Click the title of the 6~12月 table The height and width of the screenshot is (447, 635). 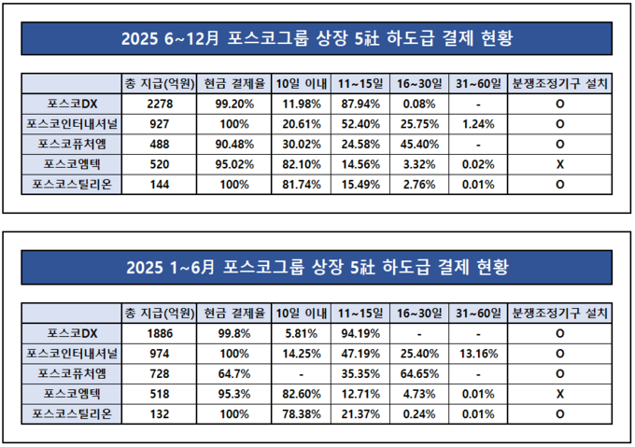pyautogui.click(x=317, y=39)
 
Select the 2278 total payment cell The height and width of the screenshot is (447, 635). pyautogui.click(x=160, y=103)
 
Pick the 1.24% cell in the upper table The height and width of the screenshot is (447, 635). pyautogui.click(x=477, y=123)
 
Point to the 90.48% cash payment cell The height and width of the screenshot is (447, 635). pyautogui.click(x=231, y=144)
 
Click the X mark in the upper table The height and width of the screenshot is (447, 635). pyautogui.click(x=559, y=164)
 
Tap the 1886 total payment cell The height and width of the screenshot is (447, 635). pyautogui.click(x=160, y=331)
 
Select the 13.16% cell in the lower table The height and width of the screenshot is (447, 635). pyautogui.click(x=477, y=352)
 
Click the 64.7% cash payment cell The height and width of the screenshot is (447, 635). pyautogui.click(x=231, y=372)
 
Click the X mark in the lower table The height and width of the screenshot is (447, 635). pyautogui.click(x=559, y=393)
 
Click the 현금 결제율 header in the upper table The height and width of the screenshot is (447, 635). pyautogui.click(x=231, y=83)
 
